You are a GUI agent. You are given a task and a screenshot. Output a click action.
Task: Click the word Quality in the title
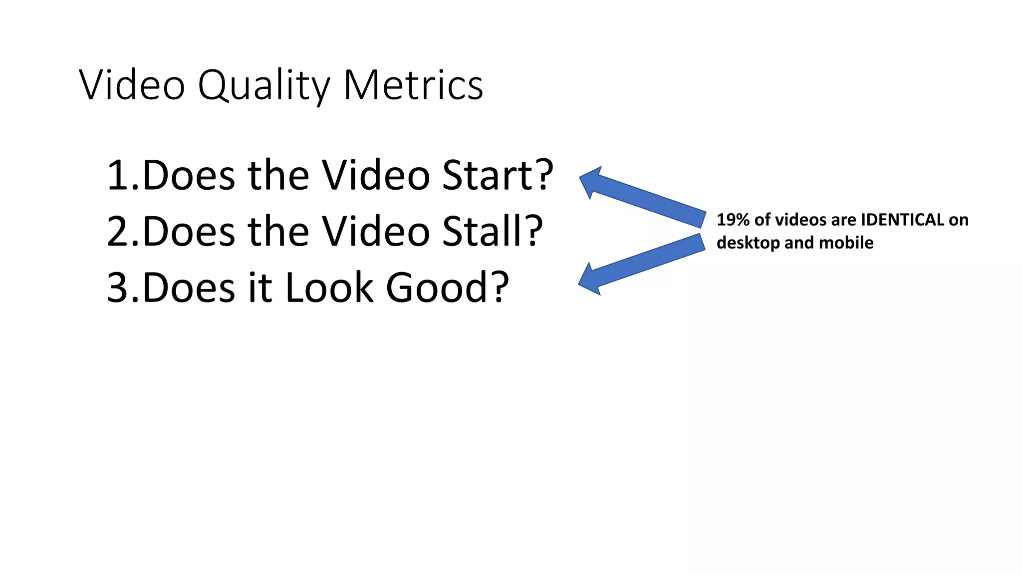pyautogui.click(x=262, y=86)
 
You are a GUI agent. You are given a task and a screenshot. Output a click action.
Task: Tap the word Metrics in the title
pyautogui.click(x=413, y=85)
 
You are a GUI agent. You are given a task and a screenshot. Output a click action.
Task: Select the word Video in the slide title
pyautogui.click(x=132, y=85)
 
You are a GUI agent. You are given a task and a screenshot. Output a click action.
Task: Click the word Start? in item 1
pyautogui.click(x=498, y=175)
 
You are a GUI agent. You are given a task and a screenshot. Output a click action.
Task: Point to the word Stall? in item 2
pyautogui.click(x=492, y=231)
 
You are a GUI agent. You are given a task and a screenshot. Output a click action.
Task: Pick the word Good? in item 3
pyautogui.click(x=447, y=287)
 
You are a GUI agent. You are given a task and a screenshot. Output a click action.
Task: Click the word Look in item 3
pyautogui.click(x=329, y=287)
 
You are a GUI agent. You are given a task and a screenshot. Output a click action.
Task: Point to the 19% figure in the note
pyautogui.click(x=733, y=220)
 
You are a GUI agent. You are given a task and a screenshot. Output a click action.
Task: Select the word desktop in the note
pyautogui.click(x=748, y=243)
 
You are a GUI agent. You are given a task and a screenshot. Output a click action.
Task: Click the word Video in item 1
pyautogui.click(x=375, y=175)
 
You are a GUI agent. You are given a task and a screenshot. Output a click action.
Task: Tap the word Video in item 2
pyautogui.click(x=375, y=231)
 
